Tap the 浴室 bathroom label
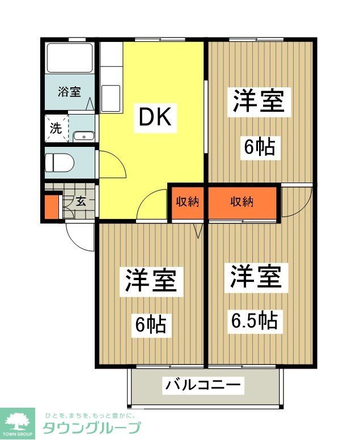70,91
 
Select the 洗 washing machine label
56,128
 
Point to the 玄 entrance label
81,201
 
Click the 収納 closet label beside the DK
187,202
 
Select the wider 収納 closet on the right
242,202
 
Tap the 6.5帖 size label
254,321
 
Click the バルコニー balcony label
204,386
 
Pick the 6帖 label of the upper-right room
260,147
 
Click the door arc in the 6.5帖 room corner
296,202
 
